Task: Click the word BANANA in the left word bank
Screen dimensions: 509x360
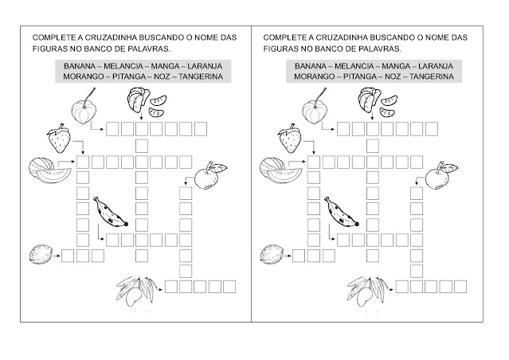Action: pyautogui.click(x=80, y=66)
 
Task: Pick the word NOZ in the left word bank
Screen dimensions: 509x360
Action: pyautogui.click(x=162, y=76)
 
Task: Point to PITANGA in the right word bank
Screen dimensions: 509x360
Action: pyautogui.click(x=360, y=76)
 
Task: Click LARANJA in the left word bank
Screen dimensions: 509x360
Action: pyautogui.click(x=205, y=66)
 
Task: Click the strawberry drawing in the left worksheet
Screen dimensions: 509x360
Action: pyautogui.click(x=59, y=138)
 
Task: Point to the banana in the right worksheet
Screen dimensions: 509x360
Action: pyautogui.click(x=342, y=212)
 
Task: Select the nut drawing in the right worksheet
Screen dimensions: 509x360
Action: pyautogui.click(x=272, y=254)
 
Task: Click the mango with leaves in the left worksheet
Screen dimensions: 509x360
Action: pyautogui.click(x=137, y=292)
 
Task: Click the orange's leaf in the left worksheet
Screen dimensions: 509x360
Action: pyautogui.click(x=219, y=168)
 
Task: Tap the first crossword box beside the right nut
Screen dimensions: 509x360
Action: pyautogui.click(x=299, y=256)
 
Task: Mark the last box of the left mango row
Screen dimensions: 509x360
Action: pyautogui.click(x=229, y=287)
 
